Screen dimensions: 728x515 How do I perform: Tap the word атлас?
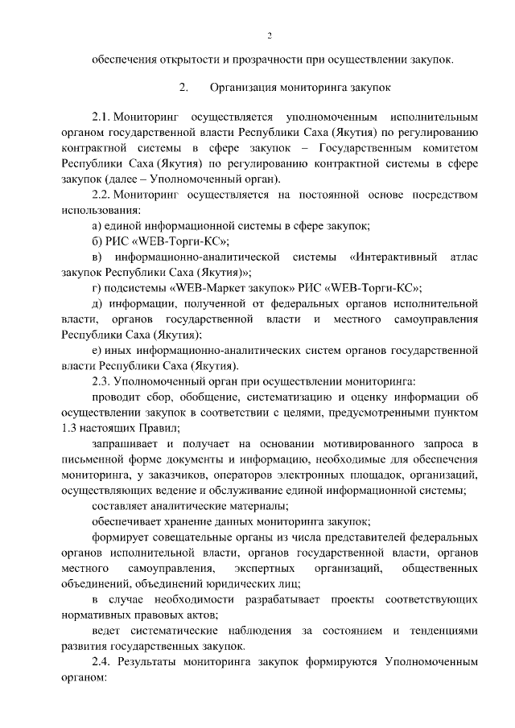point(460,257)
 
